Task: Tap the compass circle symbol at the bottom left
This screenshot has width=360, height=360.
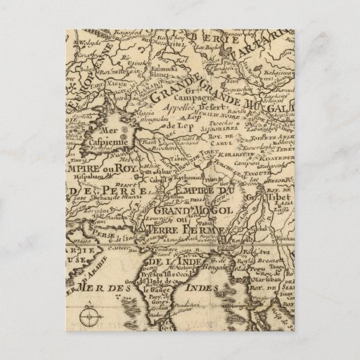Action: click(88, 317)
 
